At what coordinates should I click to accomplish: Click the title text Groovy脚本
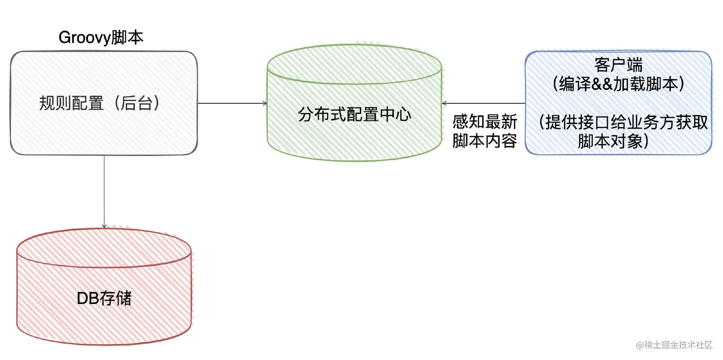click(101, 38)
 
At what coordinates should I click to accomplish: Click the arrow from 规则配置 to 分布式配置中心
click(232, 103)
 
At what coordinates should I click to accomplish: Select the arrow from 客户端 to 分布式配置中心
click(483, 103)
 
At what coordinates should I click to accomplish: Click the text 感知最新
click(485, 122)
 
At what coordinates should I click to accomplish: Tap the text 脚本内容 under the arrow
click(485, 142)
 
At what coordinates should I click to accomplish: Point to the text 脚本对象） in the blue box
click(617, 141)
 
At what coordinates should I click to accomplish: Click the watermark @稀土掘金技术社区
click(674, 345)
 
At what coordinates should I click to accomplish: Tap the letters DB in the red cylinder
click(88, 298)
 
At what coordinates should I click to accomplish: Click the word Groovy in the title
click(84, 38)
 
